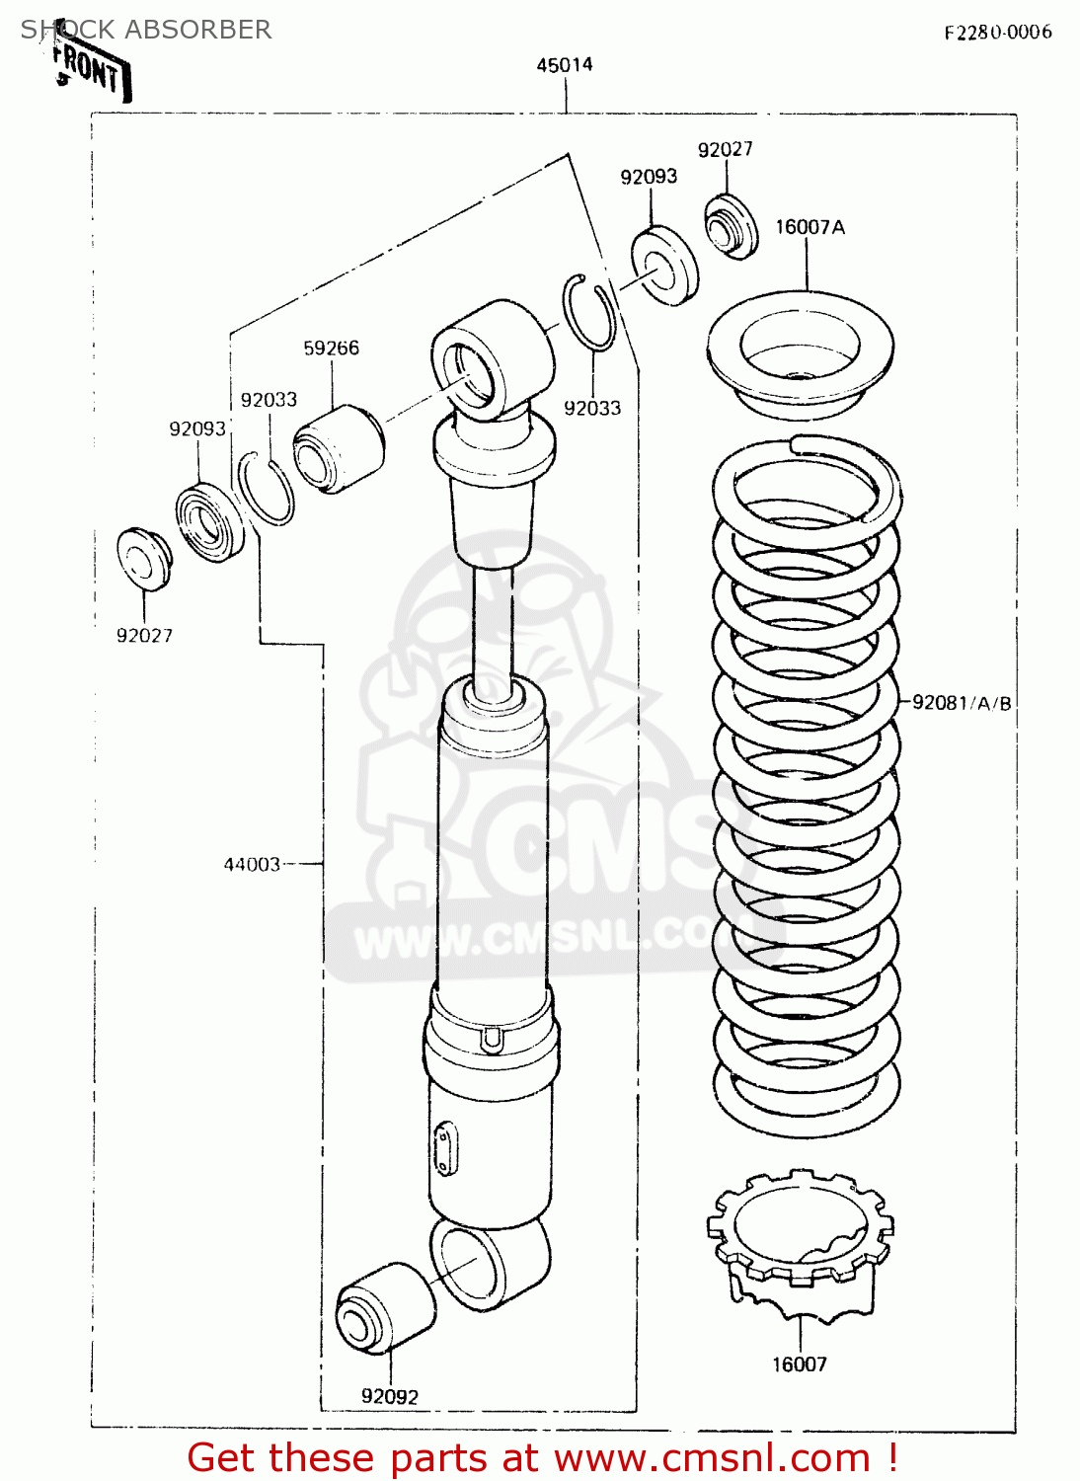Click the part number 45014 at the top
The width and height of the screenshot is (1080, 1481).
point(565,65)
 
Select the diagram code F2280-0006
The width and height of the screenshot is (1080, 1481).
point(997,32)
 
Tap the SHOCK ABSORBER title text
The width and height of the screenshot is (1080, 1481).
point(146,30)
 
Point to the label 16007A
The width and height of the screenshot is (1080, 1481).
point(810,227)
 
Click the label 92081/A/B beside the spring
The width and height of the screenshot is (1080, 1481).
point(962,703)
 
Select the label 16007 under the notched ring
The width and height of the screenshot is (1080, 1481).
point(799,1364)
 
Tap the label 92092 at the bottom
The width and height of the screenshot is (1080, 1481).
point(389,1396)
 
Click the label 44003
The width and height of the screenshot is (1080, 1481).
point(252,864)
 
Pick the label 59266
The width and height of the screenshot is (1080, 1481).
point(331,348)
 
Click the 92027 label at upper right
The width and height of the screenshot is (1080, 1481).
point(725,149)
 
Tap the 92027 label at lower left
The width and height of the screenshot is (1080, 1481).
point(144,636)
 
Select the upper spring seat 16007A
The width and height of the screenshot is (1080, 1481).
point(800,355)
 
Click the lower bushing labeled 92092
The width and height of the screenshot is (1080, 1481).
point(385,1308)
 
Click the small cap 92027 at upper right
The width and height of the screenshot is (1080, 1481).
point(731,228)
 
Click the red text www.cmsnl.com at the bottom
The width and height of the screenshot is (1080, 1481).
point(711,1458)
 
